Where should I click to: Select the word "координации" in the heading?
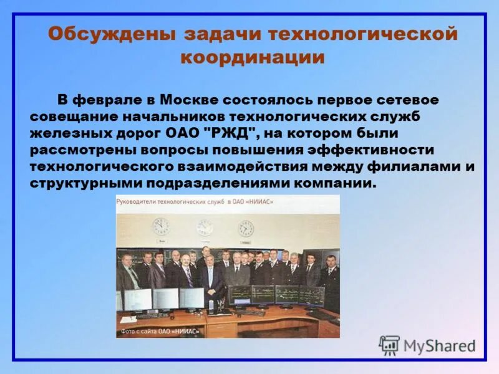pos(252,57)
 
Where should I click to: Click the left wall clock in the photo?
pos(161,225)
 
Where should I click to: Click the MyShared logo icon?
pos(389,345)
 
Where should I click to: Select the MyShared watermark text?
pos(439,346)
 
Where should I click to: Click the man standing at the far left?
pos(128,274)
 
